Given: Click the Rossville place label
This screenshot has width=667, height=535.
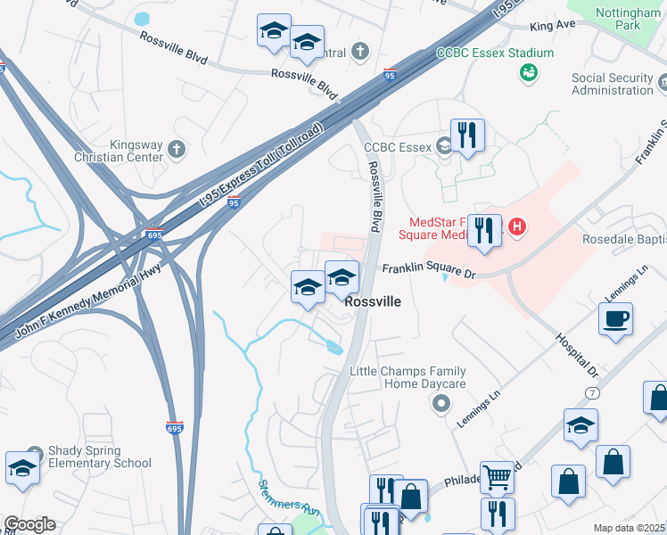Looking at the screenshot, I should [x=372, y=302].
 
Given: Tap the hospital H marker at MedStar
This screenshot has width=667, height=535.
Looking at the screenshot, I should [x=516, y=228].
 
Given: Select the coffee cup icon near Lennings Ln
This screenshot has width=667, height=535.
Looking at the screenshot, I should [x=615, y=319].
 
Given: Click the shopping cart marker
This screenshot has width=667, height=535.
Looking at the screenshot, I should [x=497, y=477].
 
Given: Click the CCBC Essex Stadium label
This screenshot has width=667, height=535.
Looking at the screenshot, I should [x=495, y=53].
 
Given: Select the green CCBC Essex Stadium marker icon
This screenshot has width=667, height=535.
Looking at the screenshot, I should [x=528, y=73].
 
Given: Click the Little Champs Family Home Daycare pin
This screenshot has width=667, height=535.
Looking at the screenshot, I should [x=440, y=405].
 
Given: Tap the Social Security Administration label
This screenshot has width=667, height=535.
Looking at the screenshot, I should [x=613, y=84].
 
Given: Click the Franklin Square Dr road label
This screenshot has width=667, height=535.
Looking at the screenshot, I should [x=425, y=268].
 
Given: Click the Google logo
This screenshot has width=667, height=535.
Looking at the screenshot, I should [x=29, y=524].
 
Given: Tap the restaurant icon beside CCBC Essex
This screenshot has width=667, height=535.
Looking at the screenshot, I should [x=467, y=136].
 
